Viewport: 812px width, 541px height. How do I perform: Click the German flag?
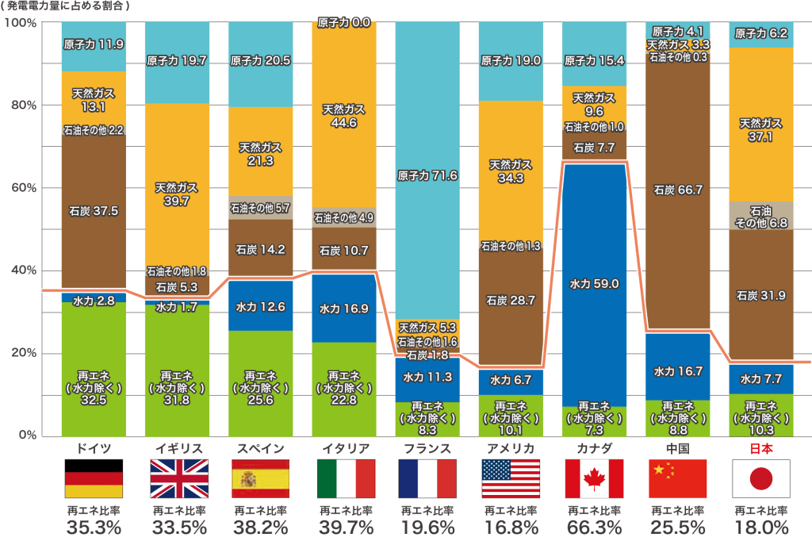coord(94,478)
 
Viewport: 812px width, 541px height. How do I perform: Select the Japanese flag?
coord(761,478)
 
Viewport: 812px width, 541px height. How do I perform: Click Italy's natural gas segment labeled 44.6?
coord(344,115)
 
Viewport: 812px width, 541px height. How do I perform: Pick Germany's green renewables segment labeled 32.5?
coord(94,386)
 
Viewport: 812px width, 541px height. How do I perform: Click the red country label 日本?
coord(761,448)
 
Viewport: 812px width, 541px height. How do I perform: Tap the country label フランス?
coord(427,448)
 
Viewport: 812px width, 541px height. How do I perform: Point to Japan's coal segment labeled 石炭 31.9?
coord(761,295)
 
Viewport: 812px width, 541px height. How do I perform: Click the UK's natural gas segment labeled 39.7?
coord(177,194)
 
